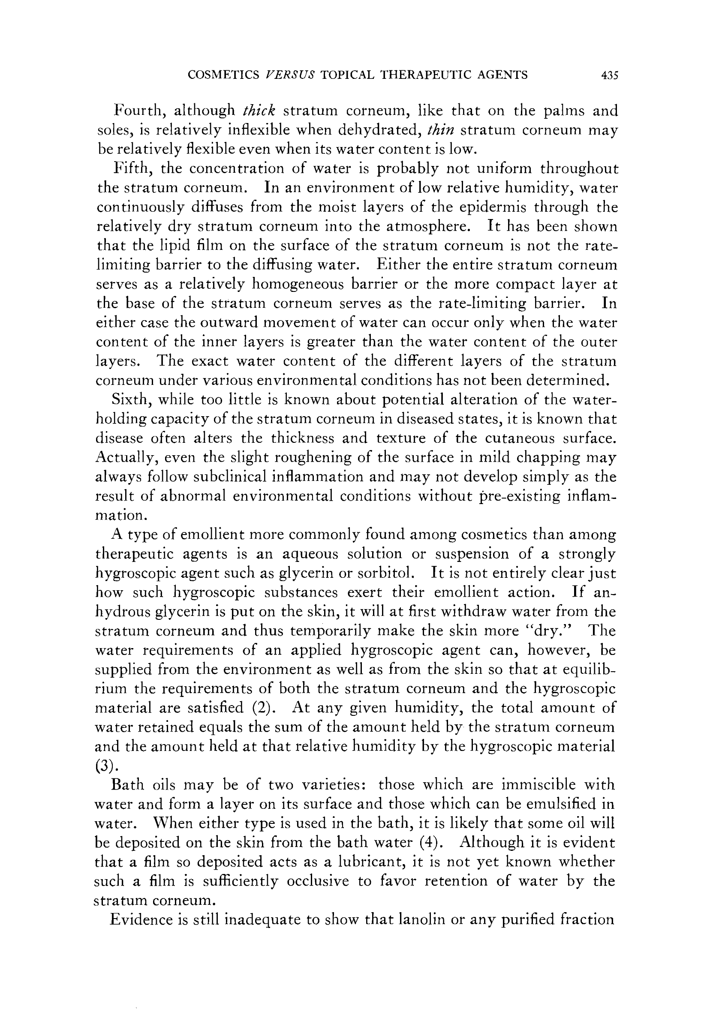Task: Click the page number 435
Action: click(609, 75)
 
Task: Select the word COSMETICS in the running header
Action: click(224, 75)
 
